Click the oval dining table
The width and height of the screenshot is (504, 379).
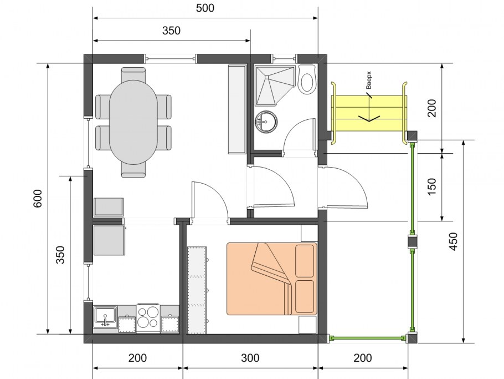tap(133, 123)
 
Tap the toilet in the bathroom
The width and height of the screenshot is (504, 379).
tap(307, 80)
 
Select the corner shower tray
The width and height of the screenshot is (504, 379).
tap(275, 85)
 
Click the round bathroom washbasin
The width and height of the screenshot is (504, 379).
tap(266, 121)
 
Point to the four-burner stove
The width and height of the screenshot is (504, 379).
tap(148, 318)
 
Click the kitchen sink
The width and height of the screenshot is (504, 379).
tap(105, 317)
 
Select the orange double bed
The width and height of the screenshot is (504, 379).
tap(272, 279)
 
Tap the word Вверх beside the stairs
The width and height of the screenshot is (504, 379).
tap(369, 80)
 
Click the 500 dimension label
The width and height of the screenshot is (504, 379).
tap(205, 8)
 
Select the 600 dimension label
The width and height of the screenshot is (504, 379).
tap(38, 199)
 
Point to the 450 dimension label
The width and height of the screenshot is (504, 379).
tap(453, 241)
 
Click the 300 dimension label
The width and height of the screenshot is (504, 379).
tap(250, 358)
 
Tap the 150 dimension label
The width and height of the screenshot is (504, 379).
tap(433, 186)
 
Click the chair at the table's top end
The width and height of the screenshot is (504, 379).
tap(133, 74)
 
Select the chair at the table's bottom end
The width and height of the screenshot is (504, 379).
tap(133, 170)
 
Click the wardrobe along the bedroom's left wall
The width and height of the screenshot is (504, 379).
tap(197, 290)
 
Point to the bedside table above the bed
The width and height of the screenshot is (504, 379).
tap(309, 233)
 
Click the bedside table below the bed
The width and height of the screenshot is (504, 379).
tap(307, 325)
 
